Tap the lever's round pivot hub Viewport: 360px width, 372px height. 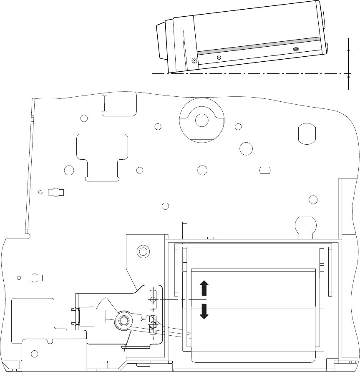tap(123, 320)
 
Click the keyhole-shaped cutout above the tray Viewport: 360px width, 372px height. tap(307, 225)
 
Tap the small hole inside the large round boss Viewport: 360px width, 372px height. tap(201, 120)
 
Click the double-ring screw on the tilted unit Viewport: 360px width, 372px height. tap(194, 60)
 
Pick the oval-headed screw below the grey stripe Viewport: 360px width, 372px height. tap(296, 49)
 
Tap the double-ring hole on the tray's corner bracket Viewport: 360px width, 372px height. tap(143, 251)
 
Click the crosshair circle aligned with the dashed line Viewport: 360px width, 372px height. tap(153, 300)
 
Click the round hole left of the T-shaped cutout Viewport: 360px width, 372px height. tap(69, 170)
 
